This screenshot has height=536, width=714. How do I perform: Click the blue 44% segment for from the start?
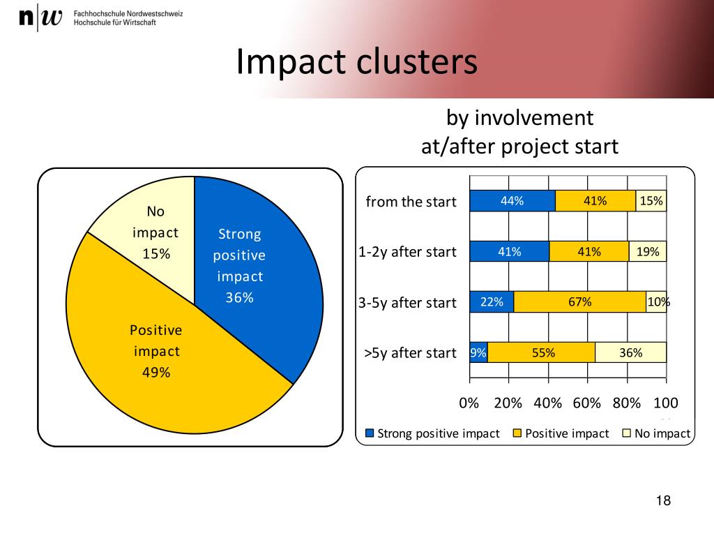(x=512, y=201)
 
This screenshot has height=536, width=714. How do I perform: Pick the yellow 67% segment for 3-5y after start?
(x=579, y=302)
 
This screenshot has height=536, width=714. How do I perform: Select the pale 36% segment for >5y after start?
(x=630, y=352)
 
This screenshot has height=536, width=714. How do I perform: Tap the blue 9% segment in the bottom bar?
(x=478, y=352)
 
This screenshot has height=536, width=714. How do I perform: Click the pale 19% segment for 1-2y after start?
(x=647, y=251)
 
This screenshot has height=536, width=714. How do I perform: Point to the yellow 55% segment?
(x=542, y=352)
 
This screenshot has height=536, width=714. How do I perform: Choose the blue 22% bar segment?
(x=492, y=302)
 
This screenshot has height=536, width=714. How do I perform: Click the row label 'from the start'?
(x=411, y=202)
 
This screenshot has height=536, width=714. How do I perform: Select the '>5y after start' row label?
(x=410, y=353)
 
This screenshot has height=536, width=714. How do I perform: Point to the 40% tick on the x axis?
(x=548, y=403)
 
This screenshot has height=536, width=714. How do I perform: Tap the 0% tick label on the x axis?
(x=469, y=403)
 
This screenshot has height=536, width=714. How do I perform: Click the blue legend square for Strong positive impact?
(x=370, y=433)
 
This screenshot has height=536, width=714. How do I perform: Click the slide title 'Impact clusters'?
(x=356, y=62)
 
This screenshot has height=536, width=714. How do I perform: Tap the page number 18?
(x=663, y=500)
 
